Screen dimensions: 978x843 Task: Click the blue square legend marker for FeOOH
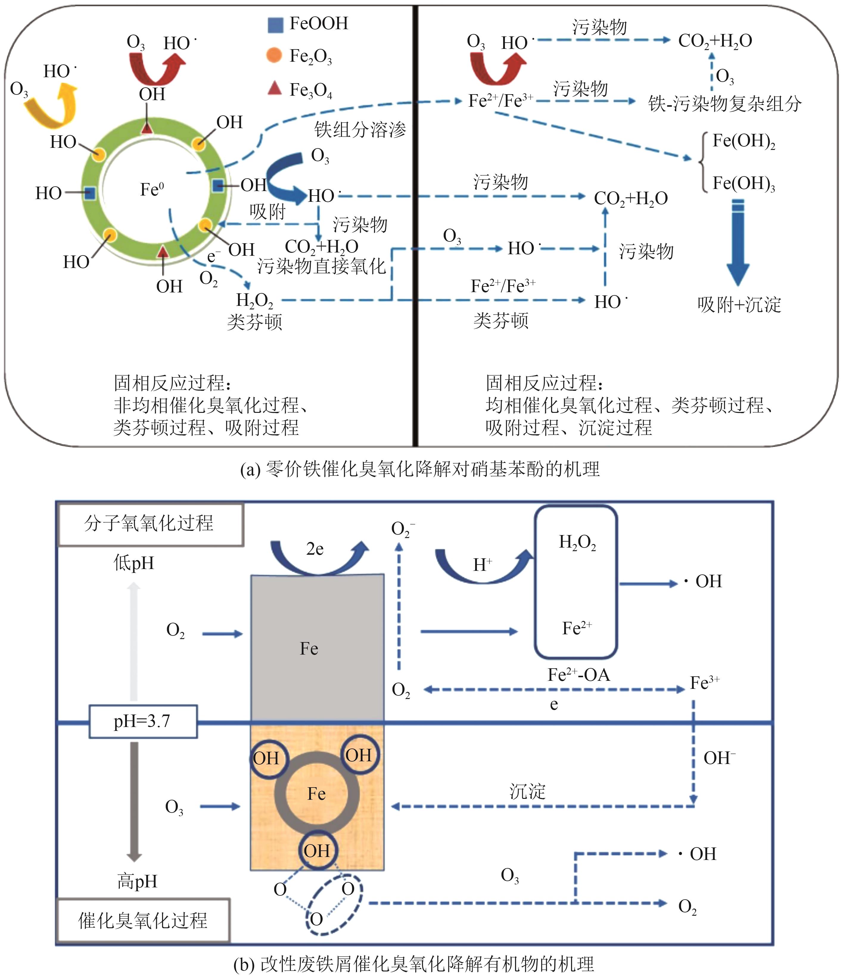275,24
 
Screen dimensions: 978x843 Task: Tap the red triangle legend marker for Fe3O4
275,88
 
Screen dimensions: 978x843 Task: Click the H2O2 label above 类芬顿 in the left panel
254,300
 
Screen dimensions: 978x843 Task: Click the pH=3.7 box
143,721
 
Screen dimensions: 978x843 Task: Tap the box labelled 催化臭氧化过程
143,920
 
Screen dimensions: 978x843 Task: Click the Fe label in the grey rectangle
309,649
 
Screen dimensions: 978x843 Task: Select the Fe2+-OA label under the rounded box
578,675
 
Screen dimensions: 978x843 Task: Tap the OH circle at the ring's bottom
317,850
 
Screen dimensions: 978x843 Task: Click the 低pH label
134,563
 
